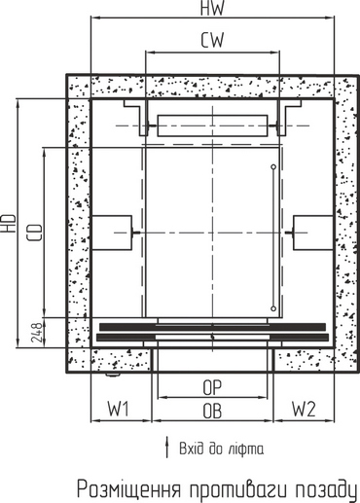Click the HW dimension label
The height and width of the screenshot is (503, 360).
[212, 8]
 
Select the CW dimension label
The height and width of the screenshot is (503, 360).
[212, 40]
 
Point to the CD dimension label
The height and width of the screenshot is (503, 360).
[35, 233]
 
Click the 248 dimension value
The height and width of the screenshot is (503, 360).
[37, 333]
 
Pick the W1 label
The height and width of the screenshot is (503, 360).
[119, 409]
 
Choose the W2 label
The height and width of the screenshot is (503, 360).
[304, 409]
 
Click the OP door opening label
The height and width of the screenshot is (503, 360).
[212, 387]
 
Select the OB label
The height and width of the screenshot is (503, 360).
[212, 411]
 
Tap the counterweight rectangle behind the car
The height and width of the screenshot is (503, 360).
[212, 126]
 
